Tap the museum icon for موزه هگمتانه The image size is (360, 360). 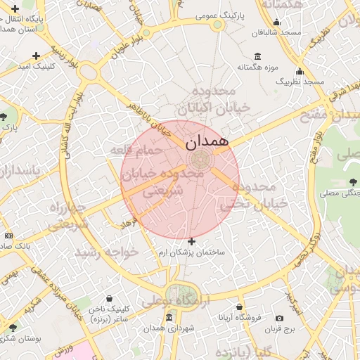tap(258, 56)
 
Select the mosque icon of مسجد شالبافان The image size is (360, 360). tap(276, 22)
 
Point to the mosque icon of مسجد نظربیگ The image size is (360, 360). tap(300, 71)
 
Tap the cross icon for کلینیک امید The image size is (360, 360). tap(36, 56)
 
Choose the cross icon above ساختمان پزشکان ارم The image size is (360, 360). tap(191, 241)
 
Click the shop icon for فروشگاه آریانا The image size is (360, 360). tap(240, 307)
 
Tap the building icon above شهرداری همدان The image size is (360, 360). tap(169, 318)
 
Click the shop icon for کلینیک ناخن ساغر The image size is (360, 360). tap(108, 298)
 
